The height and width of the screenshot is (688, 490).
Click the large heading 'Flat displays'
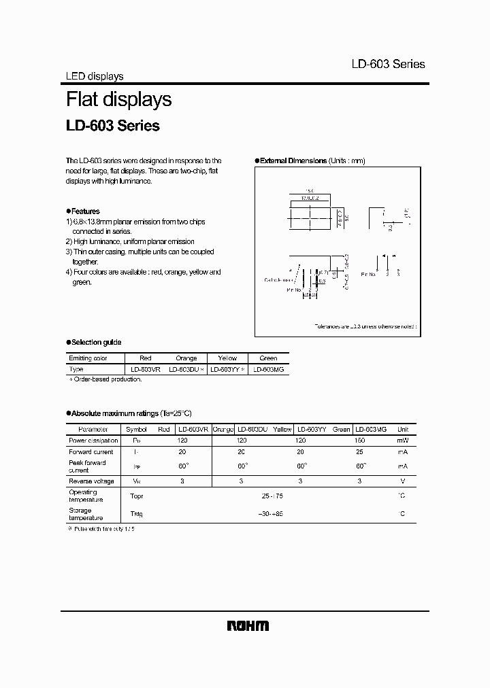click(x=118, y=99)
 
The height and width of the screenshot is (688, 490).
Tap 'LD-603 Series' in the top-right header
click(x=388, y=64)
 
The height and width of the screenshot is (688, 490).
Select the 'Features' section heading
click(x=84, y=211)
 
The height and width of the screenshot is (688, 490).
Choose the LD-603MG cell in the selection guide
click(x=268, y=368)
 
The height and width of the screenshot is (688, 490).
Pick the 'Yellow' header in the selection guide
click(x=227, y=358)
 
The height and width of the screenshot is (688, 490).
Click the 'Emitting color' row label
click(x=88, y=358)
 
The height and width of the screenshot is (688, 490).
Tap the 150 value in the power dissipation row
click(x=360, y=441)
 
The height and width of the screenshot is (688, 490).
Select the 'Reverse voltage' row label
click(x=91, y=480)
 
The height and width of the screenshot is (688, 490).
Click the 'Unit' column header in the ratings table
click(x=403, y=430)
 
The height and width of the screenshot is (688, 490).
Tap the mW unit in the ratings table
click(x=403, y=441)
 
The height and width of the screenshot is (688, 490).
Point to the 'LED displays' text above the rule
click(x=94, y=77)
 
